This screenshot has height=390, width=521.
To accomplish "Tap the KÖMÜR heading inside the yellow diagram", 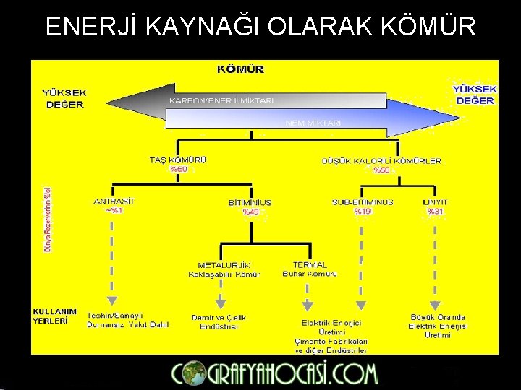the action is (x=241, y=70).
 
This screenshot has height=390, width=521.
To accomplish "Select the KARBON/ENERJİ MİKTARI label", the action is (x=221, y=100).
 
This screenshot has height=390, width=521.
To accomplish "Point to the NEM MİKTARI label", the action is (x=313, y=123).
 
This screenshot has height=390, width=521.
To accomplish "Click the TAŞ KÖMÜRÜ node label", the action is (x=177, y=160).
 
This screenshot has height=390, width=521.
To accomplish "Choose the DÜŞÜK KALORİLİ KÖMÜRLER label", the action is (x=381, y=161).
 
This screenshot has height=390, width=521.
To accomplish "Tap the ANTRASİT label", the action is (x=114, y=201).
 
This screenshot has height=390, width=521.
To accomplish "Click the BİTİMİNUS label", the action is (x=250, y=203).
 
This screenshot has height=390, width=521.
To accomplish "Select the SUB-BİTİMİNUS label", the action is (x=363, y=202).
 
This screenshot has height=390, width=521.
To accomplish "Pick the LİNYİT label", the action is (x=435, y=202).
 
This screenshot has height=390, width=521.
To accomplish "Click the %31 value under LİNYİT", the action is (x=435, y=212).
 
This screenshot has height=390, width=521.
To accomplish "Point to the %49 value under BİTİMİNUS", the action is (x=250, y=212).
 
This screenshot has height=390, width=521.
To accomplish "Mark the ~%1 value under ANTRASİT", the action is (x=114, y=211).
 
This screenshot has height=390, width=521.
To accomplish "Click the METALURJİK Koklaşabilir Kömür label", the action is (x=224, y=269).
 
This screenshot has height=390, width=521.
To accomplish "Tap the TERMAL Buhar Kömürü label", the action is (x=310, y=269).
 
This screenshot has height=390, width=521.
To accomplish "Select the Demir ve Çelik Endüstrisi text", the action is (x=219, y=322).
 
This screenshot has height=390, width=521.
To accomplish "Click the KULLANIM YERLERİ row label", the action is (x=54, y=316).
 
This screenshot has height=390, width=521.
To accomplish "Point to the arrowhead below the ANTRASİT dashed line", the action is (x=111, y=301).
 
